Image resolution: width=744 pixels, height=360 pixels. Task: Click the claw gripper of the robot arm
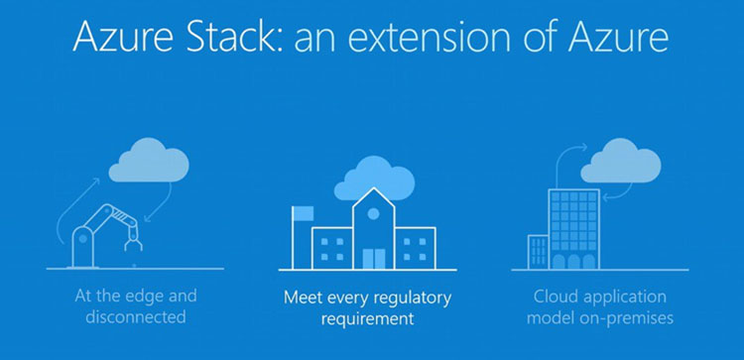[x=133, y=245]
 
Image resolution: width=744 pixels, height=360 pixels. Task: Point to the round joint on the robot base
[x=83, y=239]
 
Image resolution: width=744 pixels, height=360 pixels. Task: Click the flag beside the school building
[x=303, y=213]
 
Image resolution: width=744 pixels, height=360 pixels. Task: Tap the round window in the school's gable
[x=373, y=214]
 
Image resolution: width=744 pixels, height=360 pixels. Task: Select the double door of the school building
[x=374, y=259]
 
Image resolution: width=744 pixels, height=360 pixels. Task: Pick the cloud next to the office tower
[x=621, y=161]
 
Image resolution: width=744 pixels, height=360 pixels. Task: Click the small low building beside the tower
[x=538, y=252]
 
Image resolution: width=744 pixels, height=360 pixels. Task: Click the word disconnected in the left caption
[x=136, y=316]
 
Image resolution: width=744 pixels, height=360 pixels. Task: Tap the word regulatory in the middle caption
[x=413, y=299]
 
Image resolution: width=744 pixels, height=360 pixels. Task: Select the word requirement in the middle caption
[x=367, y=318]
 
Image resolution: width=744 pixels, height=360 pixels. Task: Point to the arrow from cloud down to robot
[x=159, y=203]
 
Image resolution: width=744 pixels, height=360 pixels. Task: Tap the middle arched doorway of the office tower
[x=574, y=262]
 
